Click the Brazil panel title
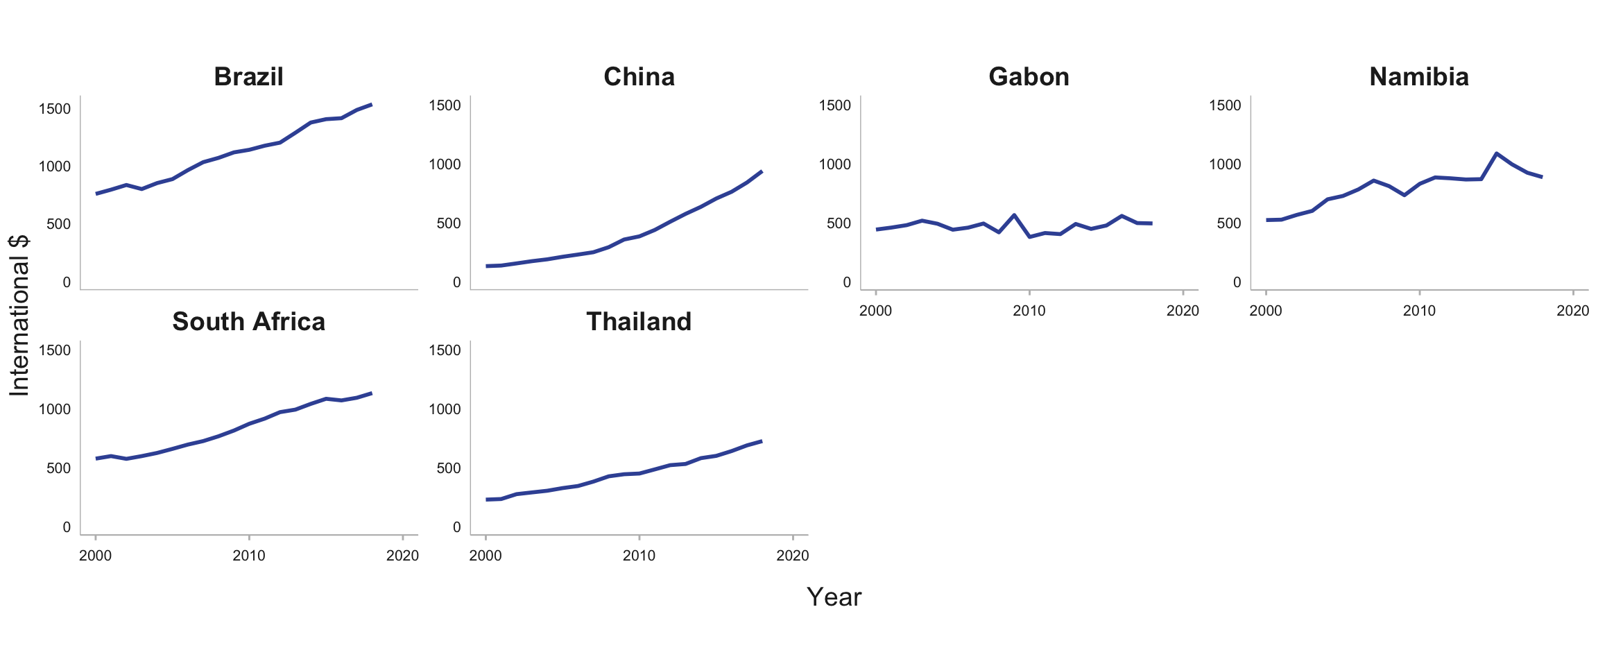[x=248, y=77]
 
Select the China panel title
[x=639, y=77]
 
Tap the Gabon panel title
[x=1029, y=77]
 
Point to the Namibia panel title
[x=1419, y=77]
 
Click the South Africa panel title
[x=248, y=322]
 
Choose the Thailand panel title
[x=639, y=322]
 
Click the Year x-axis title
[x=834, y=597]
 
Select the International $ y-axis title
[x=19, y=316]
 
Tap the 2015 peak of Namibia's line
[x=1496, y=153]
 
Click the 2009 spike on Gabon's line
[x=1014, y=215]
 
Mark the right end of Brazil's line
[x=372, y=105]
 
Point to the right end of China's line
[x=762, y=171]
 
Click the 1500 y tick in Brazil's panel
[x=55, y=109]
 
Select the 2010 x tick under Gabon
[x=1029, y=311]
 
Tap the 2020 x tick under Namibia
[x=1572, y=311]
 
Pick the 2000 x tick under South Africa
[x=96, y=556]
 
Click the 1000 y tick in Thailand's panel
[x=445, y=409]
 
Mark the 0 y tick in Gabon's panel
[x=846, y=282]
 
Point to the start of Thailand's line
[x=486, y=499]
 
